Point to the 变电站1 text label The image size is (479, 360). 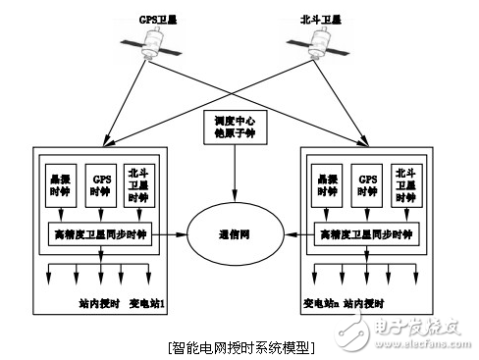pyautogui.click(x=147, y=305)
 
